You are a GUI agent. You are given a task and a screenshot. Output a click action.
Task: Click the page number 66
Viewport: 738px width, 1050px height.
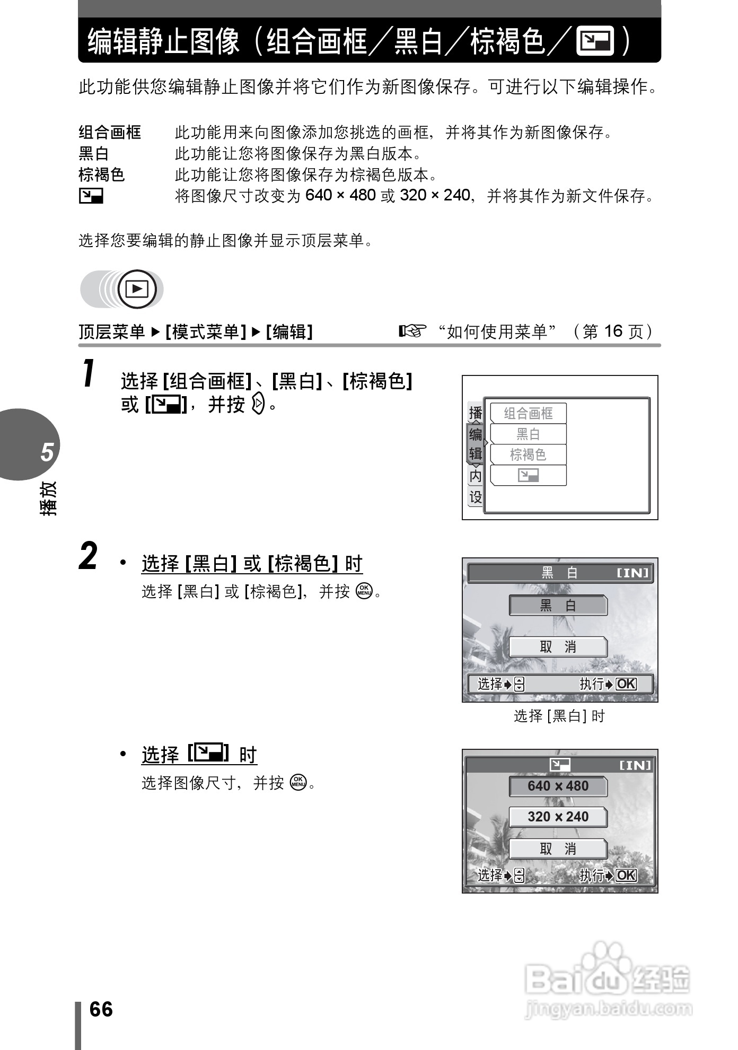(x=101, y=1009)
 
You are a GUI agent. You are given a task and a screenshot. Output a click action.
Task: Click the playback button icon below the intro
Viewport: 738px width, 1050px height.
(x=137, y=290)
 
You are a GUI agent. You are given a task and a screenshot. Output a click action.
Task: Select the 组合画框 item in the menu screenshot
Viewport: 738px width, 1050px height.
(x=528, y=413)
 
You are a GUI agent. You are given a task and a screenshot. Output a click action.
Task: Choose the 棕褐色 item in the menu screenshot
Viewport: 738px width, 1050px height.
(x=528, y=454)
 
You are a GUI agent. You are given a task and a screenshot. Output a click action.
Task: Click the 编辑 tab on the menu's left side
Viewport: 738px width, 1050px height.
(x=476, y=444)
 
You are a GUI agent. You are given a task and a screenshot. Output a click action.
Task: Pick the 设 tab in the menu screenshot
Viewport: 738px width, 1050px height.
(x=476, y=497)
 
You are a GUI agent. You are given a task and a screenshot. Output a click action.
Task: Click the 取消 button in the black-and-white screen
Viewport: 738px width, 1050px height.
(x=558, y=647)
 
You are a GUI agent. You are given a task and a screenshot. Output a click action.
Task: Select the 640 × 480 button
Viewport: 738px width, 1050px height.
(x=558, y=786)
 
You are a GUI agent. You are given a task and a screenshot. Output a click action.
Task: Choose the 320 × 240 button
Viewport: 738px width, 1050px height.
(x=558, y=817)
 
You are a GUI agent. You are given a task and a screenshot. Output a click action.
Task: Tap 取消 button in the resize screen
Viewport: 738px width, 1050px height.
(x=558, y=849)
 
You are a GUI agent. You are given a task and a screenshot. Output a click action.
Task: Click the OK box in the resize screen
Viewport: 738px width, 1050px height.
(x=626, y=876)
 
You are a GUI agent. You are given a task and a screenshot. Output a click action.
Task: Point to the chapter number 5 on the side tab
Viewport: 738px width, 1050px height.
(x=47, y=452)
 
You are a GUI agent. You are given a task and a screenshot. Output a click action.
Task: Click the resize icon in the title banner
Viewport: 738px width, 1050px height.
(x=595, y=41)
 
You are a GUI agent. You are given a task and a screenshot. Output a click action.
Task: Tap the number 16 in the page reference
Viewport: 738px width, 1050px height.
(x=613, y=331)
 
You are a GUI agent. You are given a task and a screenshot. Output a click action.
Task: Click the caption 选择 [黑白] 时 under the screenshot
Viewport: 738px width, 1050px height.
(x=559, y=716)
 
